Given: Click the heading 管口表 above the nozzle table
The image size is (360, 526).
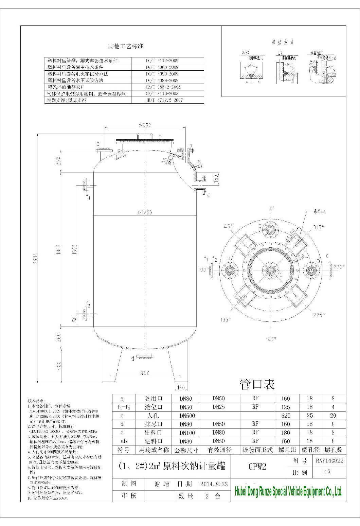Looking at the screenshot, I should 257,384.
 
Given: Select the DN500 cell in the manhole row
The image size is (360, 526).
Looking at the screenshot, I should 185,416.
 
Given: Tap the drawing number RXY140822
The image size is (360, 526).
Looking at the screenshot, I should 329,461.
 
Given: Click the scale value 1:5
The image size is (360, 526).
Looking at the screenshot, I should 326,472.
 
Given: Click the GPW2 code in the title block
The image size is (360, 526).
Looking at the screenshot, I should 257,467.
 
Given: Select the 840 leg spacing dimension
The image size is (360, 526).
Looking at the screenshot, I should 144,373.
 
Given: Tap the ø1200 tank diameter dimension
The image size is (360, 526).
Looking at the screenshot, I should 145,212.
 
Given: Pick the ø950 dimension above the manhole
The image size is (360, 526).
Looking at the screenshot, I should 145,125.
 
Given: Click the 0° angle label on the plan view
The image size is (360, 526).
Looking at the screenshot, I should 271,209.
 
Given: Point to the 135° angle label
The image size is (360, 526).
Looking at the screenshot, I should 226,320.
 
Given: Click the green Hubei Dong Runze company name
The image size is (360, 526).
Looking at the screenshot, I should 289,491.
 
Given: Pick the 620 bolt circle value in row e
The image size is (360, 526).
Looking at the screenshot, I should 286,416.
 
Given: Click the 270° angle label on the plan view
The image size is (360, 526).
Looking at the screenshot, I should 338,267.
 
